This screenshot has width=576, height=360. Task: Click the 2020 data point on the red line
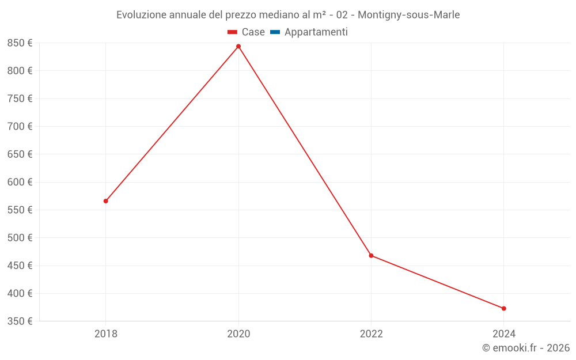(x=238, y=47)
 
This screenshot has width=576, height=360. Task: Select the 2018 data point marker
(x=106, y=201)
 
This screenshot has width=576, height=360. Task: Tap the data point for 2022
(x=371, y=256)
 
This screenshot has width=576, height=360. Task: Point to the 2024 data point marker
(x=503, y=309)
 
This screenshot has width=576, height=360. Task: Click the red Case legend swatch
(x=233, y=32)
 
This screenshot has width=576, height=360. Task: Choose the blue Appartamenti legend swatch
(x=275, y=32)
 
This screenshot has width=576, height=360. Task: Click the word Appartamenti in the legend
(x=316, y=32)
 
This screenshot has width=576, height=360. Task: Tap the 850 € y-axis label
(x=20, y=43)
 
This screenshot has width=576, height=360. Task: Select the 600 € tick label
(x=20, y=182)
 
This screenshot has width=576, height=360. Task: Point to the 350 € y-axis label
(x=20, y=321)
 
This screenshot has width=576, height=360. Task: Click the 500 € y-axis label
(x=20, y=238)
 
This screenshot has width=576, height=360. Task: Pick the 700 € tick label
(x=20, y=127)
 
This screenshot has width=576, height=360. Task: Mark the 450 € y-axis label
(x=20, y=266)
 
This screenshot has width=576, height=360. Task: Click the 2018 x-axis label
(x=106, y=334)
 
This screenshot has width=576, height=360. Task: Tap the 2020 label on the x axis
(x=238, y=334)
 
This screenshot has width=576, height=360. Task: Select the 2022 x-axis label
(x=371, y=334)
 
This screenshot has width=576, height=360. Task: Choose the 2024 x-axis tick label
(x=503, y=334)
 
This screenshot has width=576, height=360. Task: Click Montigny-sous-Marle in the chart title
(x=408, y=15)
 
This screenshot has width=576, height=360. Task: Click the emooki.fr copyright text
(x=526, y=348)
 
